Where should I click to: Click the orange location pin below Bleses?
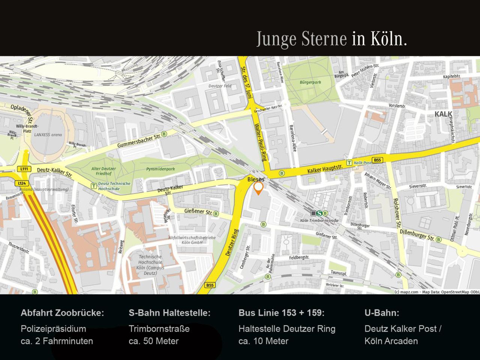[258, 187]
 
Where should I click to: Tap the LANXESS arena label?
[48, 135]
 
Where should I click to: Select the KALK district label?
[443, 114]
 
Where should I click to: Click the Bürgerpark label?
[310, 82]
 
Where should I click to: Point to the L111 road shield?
[24, 169]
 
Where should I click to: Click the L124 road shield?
[22, 183]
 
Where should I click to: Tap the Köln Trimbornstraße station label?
[319, 220]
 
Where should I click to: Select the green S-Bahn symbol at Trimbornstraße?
[319, 213]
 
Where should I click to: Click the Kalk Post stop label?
[363, 163]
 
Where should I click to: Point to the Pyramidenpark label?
[160, 169]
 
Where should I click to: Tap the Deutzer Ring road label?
[232, 243]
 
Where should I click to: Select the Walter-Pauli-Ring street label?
[261, 142]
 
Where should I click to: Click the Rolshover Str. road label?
[396, 213]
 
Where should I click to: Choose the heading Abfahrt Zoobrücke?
[62, 313]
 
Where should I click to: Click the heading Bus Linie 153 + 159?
[281, 313]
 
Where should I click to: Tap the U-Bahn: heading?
[382, 313]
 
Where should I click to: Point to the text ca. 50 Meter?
[153, 341]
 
